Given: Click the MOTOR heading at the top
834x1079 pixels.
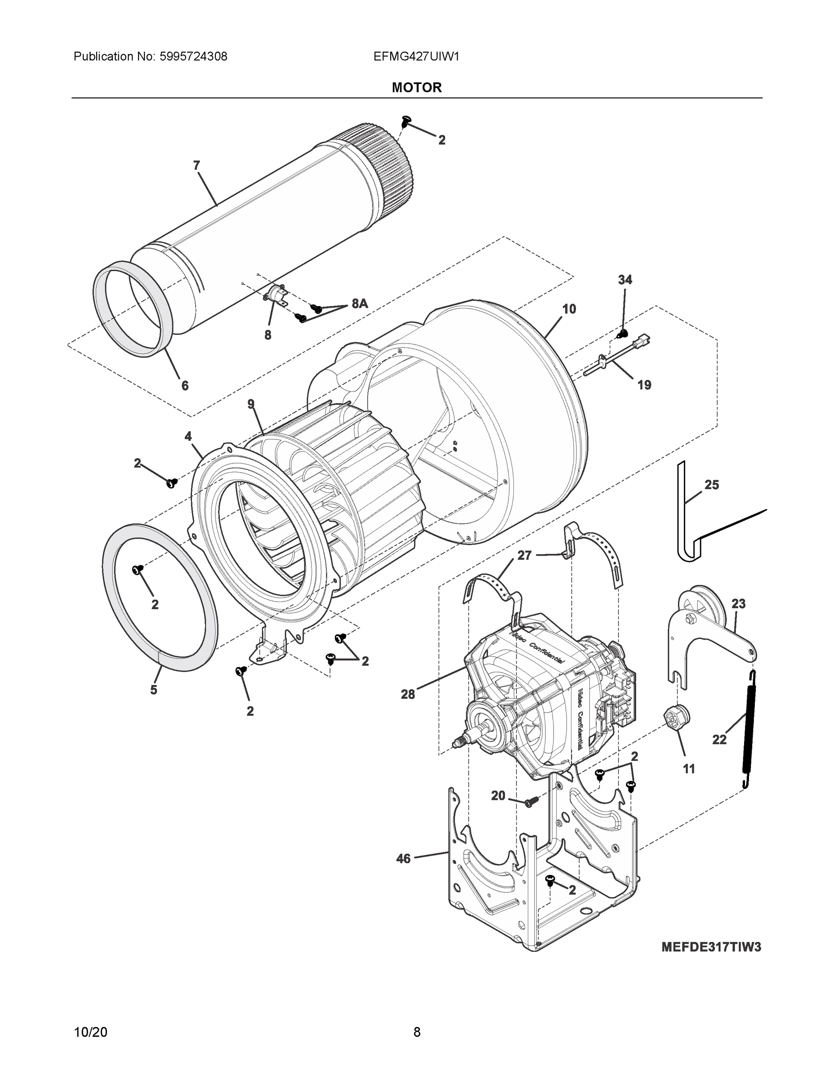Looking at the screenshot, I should pos(416,88).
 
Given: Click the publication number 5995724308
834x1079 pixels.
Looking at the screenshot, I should pos(193,56).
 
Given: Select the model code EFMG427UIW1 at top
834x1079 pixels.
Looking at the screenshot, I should pos(416,56).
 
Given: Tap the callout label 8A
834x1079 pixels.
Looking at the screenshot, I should pos(360,304).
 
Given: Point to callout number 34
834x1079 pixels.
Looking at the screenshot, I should pos(625,280).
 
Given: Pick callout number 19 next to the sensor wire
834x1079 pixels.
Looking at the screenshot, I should pos(644,384).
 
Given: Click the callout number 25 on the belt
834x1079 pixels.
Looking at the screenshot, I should pos(711,485).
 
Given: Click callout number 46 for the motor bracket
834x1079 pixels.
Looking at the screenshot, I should pos(403,859).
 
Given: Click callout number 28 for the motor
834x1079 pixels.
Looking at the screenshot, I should pos(408,694).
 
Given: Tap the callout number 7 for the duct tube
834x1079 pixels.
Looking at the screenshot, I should pos(196,165).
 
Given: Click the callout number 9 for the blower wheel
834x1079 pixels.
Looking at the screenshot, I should pos(251,404).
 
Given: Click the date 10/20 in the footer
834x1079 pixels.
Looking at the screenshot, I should pos(90,1032).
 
